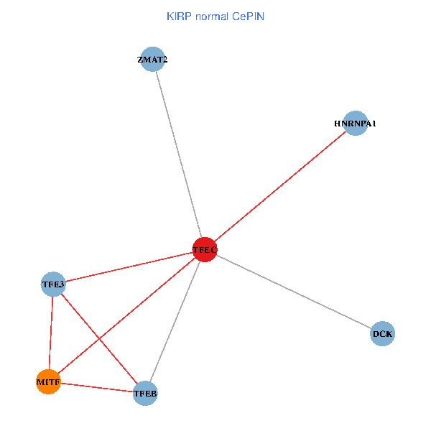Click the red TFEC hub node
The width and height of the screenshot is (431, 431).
tap(205, 249)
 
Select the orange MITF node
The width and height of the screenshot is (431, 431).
tap(48, 381)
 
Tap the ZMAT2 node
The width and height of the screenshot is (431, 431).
tap(152, 60)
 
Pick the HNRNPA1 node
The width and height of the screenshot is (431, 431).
tap(355, 124)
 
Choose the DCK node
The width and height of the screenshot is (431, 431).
tap(382, 334)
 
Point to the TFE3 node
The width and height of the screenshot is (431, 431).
tap(53, 284)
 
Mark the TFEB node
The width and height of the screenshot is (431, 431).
tap(145, 393)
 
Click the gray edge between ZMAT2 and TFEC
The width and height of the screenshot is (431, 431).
tap(178, 154)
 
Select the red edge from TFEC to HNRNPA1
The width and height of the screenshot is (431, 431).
tap(280, 186)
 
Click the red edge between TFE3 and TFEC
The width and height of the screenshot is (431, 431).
tap(129, 267)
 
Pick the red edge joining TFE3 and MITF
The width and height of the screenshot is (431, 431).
tap(51, 333)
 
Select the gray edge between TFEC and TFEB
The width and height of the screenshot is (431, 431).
tap(175, 321)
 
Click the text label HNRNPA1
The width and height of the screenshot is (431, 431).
tap(355, 124)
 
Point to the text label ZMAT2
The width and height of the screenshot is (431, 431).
tap(152, 60)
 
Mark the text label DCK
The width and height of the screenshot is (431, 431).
tap(382, 334)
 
